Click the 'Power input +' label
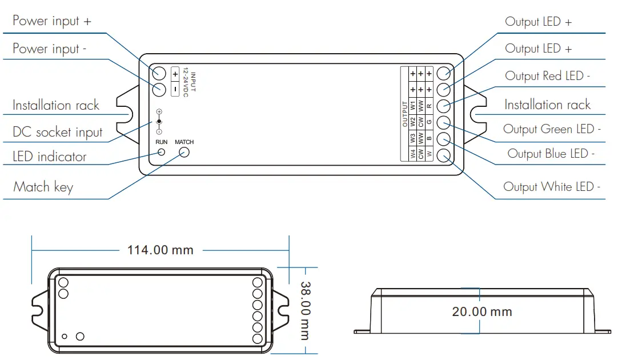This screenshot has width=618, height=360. click(51, 21)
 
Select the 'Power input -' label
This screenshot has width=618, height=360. click(49, 49)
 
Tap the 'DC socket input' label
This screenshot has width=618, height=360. click(57, 132)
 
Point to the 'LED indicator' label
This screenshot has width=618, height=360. click(49, 157)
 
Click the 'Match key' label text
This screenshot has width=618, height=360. click(43, 187)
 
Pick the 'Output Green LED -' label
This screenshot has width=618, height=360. click(551, 129)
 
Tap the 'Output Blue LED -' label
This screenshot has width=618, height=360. click(551, 154)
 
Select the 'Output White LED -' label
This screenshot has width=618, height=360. click(551, 187)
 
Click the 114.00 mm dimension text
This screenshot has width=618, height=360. click(160, 250)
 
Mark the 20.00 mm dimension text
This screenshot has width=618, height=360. click(481, 312)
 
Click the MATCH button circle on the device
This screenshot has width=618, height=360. click(184, 152)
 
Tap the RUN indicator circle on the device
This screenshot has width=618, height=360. click(162, 152)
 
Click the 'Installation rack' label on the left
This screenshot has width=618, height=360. click(55, 105)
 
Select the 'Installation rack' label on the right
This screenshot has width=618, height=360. click(547, 105)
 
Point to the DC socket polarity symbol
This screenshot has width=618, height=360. click(159, 122)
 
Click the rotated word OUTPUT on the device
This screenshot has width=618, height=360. click(404, 114)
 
